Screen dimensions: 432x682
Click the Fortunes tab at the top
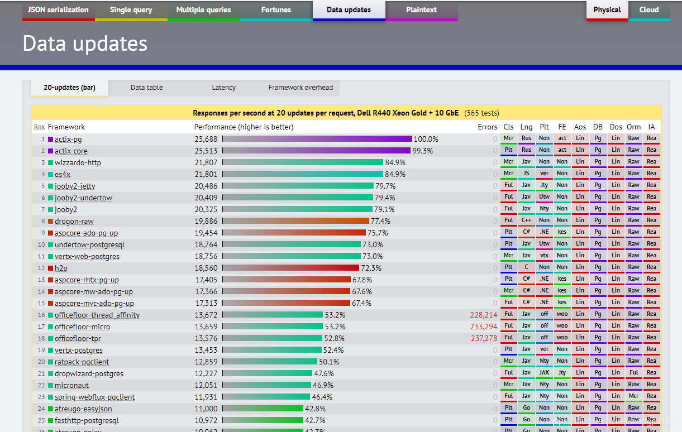[x=276, y=10]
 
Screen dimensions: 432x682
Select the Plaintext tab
[x=421, y=10]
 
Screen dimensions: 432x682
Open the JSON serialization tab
[x=58, y=10]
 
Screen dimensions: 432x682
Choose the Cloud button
[x=649, y=10]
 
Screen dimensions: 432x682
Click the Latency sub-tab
[x=223, y=88]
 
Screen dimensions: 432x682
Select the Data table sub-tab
[x=146, y=88]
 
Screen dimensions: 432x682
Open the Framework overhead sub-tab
[x=301, y=88]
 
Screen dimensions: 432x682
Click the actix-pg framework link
[x=68, y=139]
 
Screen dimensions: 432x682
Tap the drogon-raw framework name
[x=74, y=222]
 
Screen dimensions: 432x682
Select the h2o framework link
[x=61, y=268]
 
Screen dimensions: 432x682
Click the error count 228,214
[x=483, y=315]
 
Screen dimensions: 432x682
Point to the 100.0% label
[x=426, y=139]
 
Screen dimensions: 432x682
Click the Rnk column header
[x=39, y=127]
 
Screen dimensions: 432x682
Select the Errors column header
[x=487, y=127]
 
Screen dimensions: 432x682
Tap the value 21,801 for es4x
[x=206, y=174]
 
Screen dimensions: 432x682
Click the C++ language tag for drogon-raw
[x=526, y=220]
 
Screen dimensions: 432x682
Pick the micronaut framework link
[x=71, y=386]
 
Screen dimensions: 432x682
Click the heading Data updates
[x=85, y=44]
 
